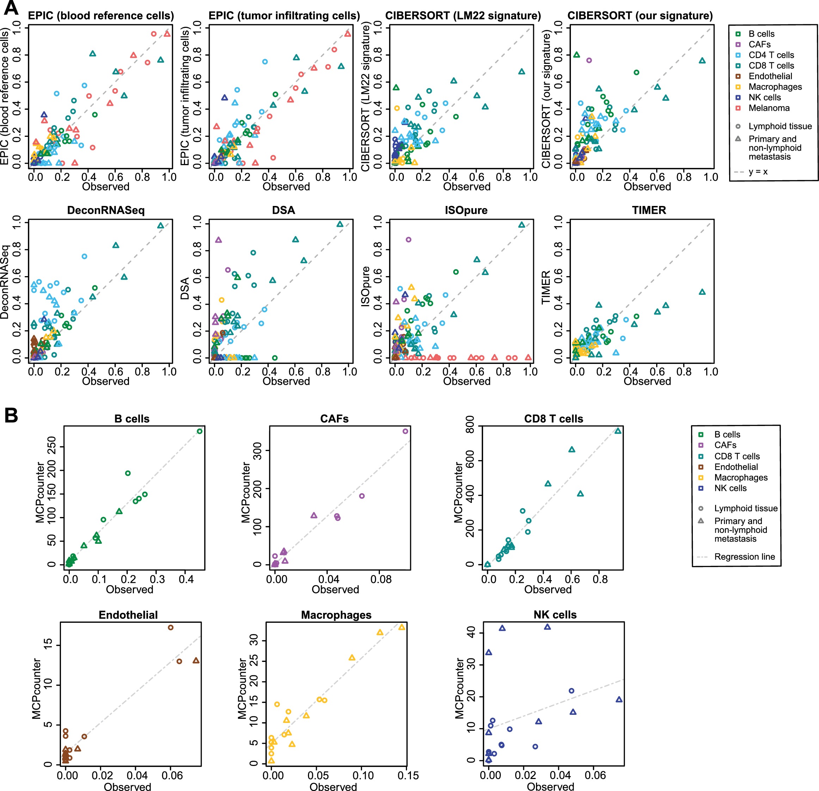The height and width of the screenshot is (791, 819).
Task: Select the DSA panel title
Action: point(283,210)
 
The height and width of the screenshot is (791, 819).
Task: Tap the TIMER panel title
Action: point(648,210)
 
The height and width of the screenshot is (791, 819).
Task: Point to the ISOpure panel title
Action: point(466,210)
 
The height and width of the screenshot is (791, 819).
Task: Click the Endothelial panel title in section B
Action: point(128,615)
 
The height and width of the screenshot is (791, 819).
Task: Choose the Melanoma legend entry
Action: point(769,108)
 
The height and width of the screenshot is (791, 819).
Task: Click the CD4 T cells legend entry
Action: point(771,55)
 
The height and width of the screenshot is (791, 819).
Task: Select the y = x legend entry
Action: point(758,171)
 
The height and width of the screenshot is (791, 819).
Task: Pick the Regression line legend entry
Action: point(744,556)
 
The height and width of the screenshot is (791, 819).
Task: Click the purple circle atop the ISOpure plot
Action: point(408,239)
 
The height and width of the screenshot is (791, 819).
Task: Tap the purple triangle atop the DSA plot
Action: point(218,240)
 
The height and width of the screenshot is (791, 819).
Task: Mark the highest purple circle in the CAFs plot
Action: point(405,431)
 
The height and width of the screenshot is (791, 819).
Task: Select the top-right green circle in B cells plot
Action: point(199,431)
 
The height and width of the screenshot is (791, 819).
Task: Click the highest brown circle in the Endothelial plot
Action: point(171,627)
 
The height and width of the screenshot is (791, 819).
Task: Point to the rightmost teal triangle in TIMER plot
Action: point(702,292)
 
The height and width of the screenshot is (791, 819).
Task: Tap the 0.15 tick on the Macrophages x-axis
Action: point(408,775)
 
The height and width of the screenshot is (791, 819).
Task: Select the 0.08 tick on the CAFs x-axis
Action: point(381,579)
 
